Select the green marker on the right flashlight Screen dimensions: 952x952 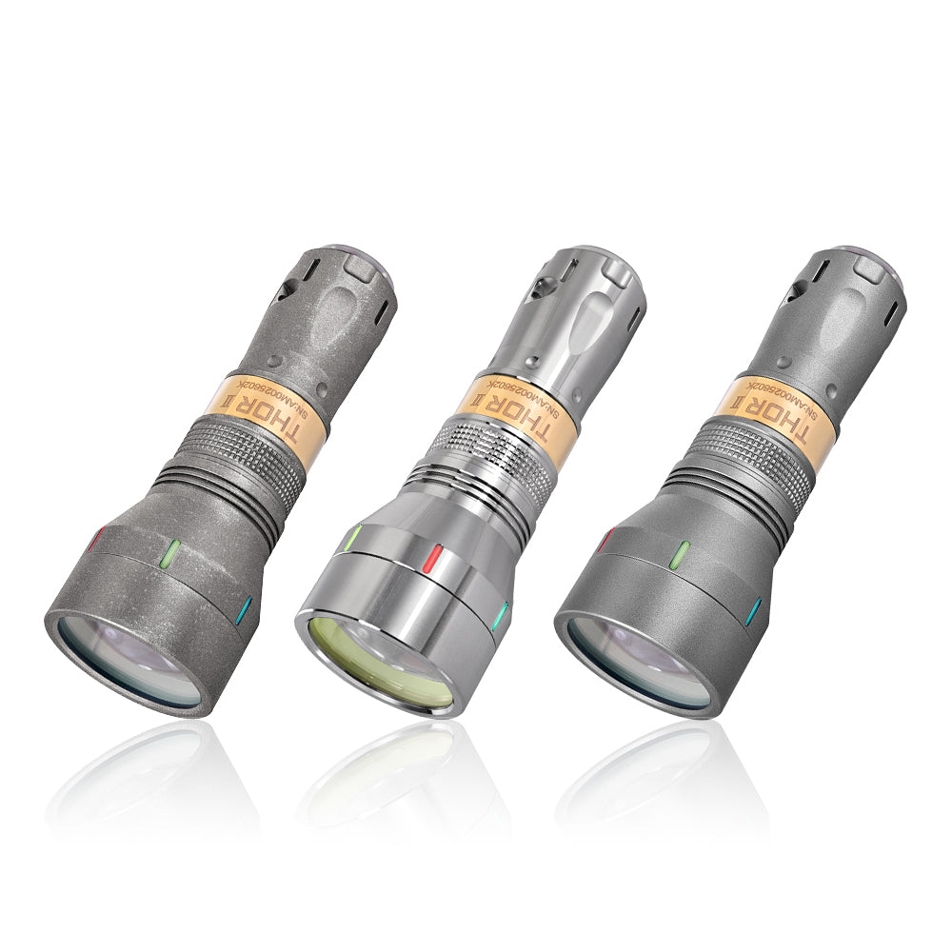point(682,552)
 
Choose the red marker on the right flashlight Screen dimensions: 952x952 point(605,542)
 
